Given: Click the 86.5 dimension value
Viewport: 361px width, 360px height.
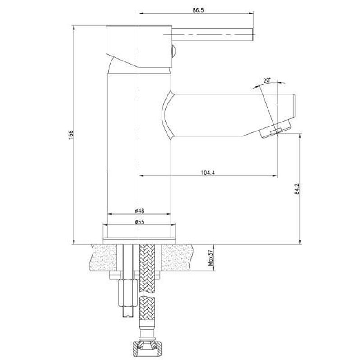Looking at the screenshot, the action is point(198,10).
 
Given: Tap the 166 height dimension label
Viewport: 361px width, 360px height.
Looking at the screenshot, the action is point(71,135).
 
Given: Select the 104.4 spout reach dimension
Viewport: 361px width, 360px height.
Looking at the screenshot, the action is point(208,173).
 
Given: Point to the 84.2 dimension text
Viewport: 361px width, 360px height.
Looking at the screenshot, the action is point(297,189).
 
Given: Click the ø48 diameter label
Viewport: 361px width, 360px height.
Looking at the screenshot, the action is point(139,210).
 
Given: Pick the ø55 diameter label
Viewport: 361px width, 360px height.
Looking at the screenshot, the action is point(139,222).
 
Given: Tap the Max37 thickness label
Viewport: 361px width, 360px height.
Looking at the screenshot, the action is point(210,258).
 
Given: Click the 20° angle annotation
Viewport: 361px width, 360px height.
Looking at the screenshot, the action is point(267,81).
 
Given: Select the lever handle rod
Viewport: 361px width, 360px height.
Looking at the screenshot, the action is point(213,35).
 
